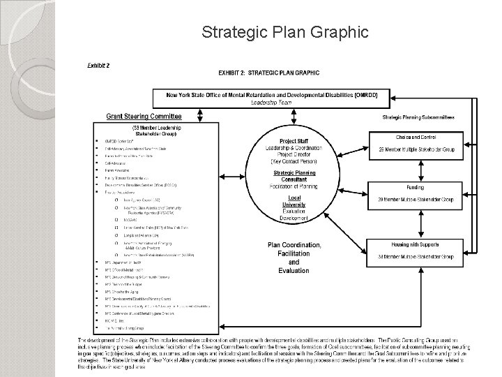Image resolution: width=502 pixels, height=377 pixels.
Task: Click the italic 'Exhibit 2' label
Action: [98, 65]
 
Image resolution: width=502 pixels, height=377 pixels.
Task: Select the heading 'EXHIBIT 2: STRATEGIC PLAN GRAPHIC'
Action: [269, 73]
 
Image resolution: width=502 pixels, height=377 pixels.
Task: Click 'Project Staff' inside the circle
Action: [294, 142]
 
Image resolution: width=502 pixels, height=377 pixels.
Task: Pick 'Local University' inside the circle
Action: [294, 199]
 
